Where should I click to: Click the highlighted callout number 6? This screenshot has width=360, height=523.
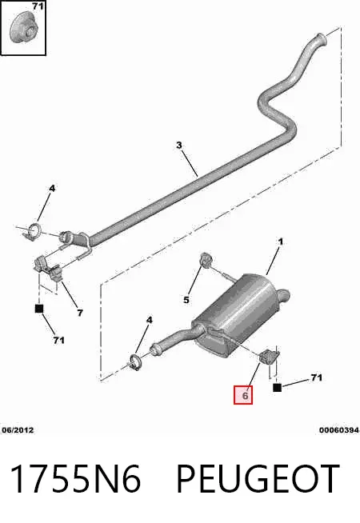pyautogui.click(x=245, y=396)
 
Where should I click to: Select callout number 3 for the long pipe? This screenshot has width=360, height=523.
pyautogui.click(x=179, y=145)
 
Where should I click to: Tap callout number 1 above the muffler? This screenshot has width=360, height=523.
pyautogui.click(x=280, y=242)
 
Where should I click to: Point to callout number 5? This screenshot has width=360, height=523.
pyautogui.click(x=186, y=300)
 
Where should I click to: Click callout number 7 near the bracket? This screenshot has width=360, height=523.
pyautogui.click(x=80, y=313)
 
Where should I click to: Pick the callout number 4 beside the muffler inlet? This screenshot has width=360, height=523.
pyautogui.click(x=150, y=320)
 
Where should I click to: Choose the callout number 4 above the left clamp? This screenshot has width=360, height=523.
pyautogui.click(x=52, y=189)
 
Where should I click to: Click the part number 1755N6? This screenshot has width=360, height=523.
pyautogui.click(x=75, y=478)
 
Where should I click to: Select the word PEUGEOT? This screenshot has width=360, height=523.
pyautogui.click(x=258, y=478)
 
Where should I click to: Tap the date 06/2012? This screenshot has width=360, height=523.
pyautogui.click(x=18, y=430)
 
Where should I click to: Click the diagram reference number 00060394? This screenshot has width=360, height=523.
pyautogui.click(x=339, y=430)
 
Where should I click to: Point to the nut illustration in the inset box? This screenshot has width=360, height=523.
pyautogui.click(x=22, y=27)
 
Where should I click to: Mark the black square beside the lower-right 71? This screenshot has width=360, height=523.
pyautogui.click(x=277, y=388)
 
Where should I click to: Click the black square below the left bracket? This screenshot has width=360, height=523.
pyautogui.click(x=39, y=309)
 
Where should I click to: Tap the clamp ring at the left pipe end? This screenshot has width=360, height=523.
pyautogui.click(x=33, y=231)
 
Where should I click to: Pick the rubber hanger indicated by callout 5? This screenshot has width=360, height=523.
pyautogui.click(x=206, y=260)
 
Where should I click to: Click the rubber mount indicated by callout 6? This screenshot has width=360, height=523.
pyautogui.click(x=268, y=357)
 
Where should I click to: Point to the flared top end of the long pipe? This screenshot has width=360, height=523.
pyautogui.click(x=321, y=38)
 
